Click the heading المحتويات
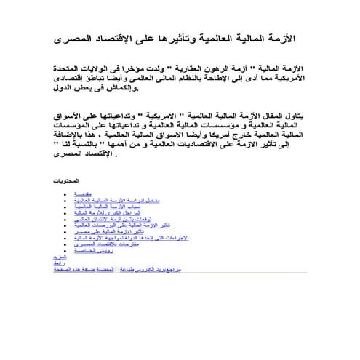pyautogui.click(x=68, y=180)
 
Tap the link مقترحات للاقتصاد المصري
pyautogui.click(x=100, y=244)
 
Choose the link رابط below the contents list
pyautogui.click(x=60, y=263)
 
